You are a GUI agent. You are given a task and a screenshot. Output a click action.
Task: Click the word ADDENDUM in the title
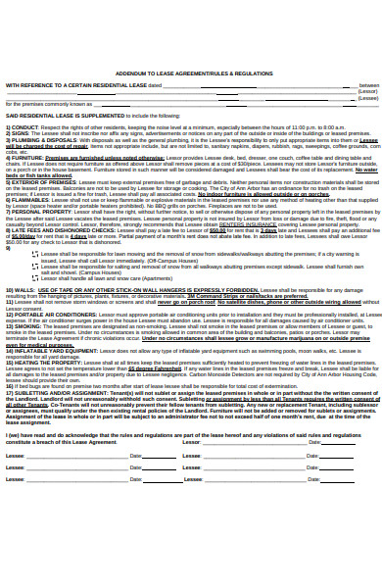tap(132, 73)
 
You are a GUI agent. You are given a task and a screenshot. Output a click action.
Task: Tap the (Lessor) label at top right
tap(367, 91)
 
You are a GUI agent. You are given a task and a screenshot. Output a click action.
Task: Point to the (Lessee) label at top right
tap(367, 98)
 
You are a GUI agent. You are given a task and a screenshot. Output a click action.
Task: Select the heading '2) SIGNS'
tap(18, 133)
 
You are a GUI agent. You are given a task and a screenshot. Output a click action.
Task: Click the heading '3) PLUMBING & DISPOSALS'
tap(35, 139)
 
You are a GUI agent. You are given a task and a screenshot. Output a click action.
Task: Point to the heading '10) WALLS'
tap(19, 291)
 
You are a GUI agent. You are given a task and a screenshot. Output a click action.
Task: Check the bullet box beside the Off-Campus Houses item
tap(33, 260)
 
